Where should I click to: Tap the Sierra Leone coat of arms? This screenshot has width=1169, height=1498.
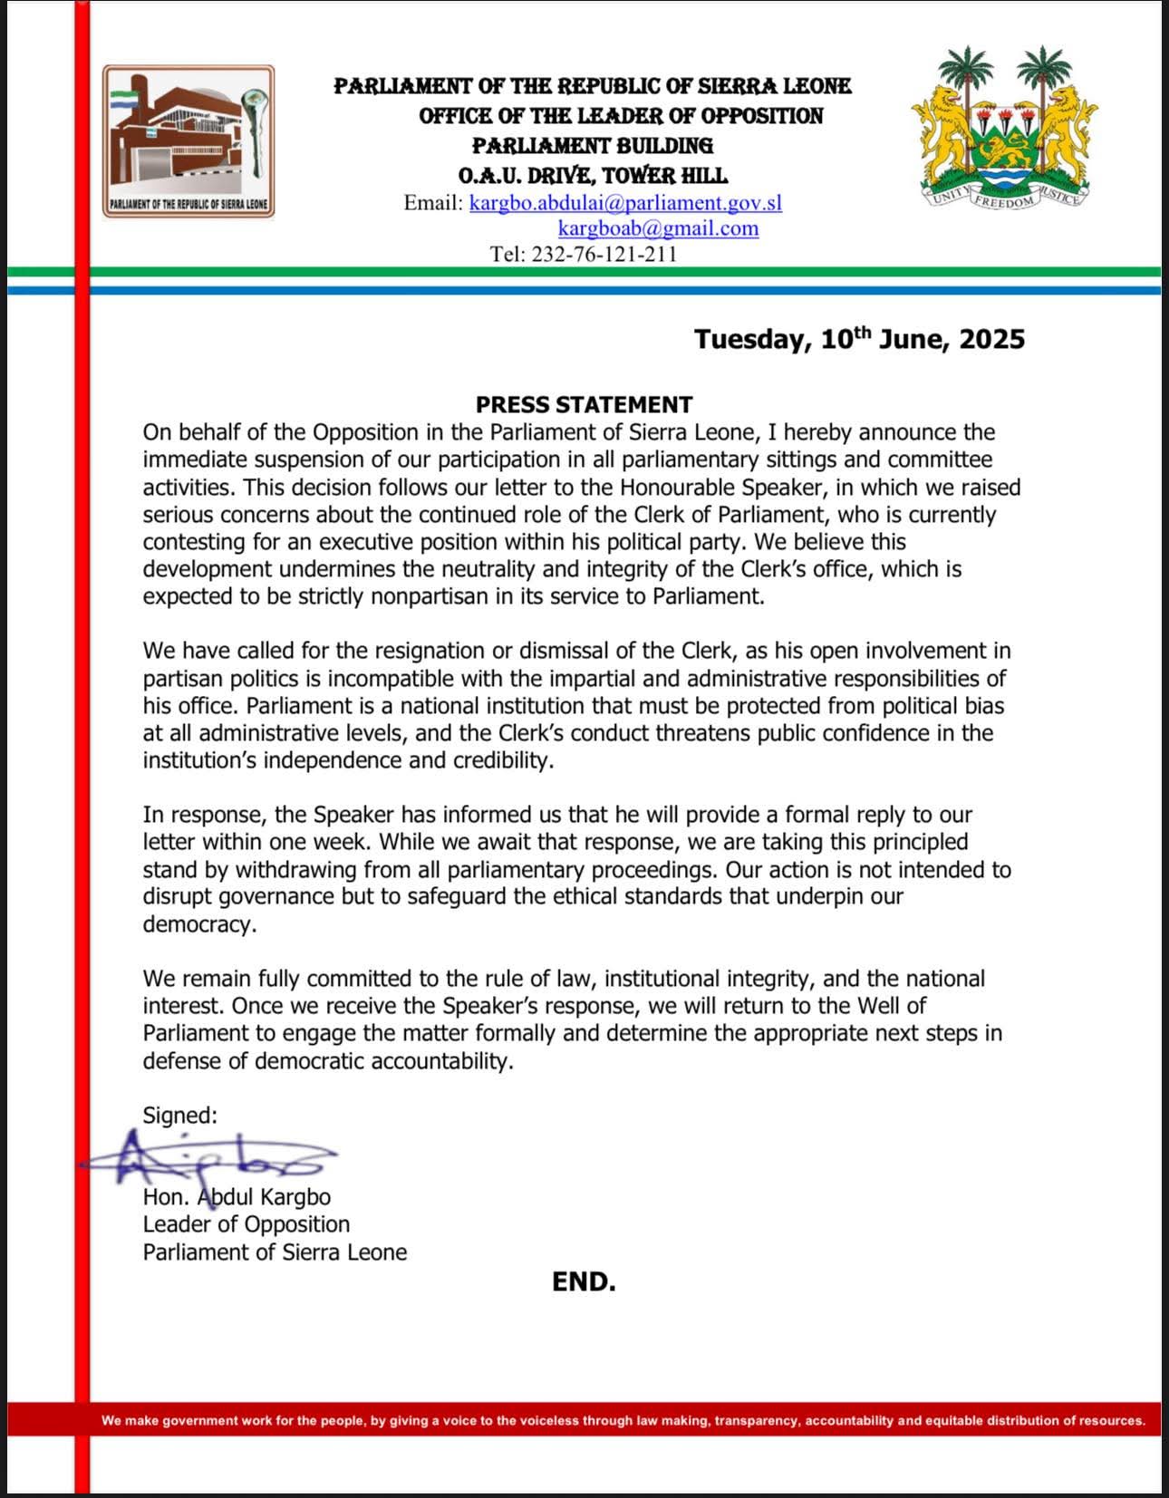[1003, 127]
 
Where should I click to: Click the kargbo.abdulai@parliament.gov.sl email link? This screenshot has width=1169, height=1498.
[625, 202]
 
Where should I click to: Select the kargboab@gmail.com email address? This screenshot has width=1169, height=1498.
[658, 228]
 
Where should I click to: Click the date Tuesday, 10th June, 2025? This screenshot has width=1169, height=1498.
[859, 339]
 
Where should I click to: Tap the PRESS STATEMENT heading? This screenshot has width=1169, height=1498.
[584, 404]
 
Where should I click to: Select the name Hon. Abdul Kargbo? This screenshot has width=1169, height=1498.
[237, 1197]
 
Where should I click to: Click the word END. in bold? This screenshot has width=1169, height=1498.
[584, 1281]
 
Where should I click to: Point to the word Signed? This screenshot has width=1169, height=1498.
[179, 1115]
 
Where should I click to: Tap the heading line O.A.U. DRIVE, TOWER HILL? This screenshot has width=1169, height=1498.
[593, 175]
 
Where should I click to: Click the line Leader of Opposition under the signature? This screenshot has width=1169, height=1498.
[246, 1224]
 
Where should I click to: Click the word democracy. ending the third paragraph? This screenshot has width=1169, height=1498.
[199, 924]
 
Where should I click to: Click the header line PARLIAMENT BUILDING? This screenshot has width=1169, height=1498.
[593, 145]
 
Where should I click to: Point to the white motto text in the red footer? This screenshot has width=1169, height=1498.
[623, 1420]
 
